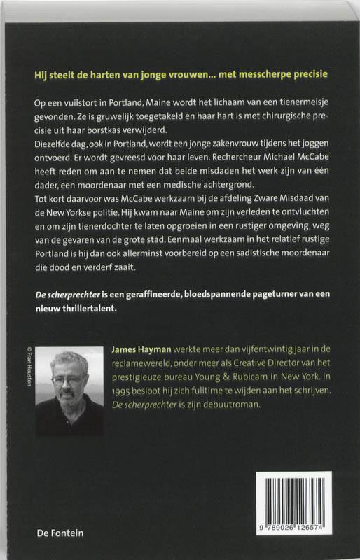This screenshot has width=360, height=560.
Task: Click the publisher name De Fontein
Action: (60, 533)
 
